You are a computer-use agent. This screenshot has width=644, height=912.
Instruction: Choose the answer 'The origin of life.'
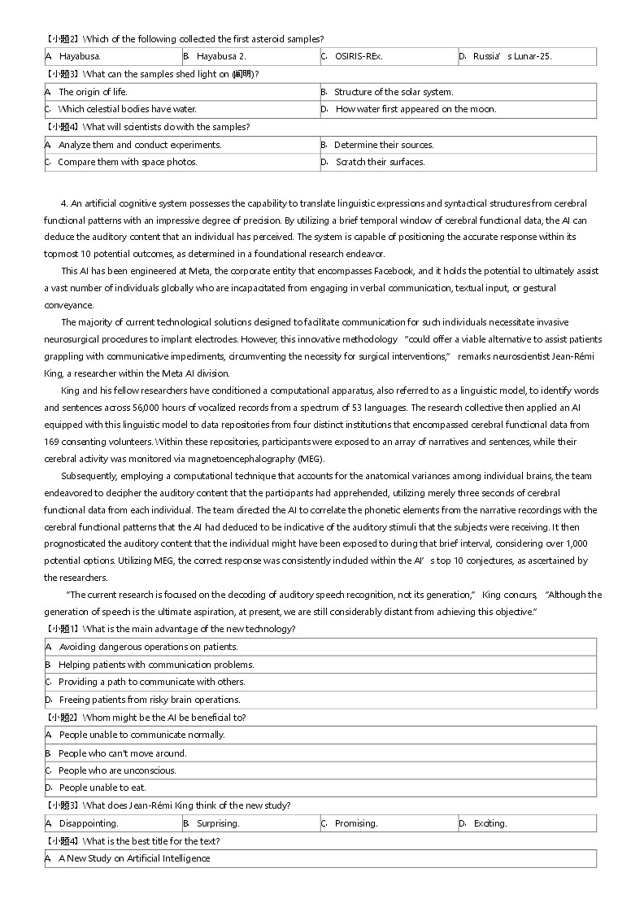93,92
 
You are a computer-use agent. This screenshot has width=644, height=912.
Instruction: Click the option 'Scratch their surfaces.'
380,162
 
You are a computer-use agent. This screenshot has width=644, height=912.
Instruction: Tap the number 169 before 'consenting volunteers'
52,442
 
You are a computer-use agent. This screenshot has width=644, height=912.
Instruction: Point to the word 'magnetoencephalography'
242,459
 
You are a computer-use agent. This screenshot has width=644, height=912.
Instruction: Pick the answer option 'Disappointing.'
89,823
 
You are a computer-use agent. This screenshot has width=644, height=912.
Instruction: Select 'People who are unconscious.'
117,770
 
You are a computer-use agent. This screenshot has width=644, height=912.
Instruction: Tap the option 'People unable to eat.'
102,788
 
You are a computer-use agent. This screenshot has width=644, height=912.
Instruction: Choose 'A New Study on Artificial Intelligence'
134,858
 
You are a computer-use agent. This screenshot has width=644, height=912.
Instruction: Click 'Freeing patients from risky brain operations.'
150,700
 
